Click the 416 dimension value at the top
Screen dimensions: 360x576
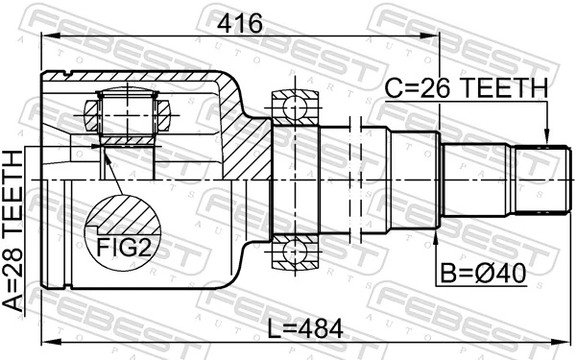click(x=238, y=21)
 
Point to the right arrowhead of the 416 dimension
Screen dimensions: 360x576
click(x=434, y=37)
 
